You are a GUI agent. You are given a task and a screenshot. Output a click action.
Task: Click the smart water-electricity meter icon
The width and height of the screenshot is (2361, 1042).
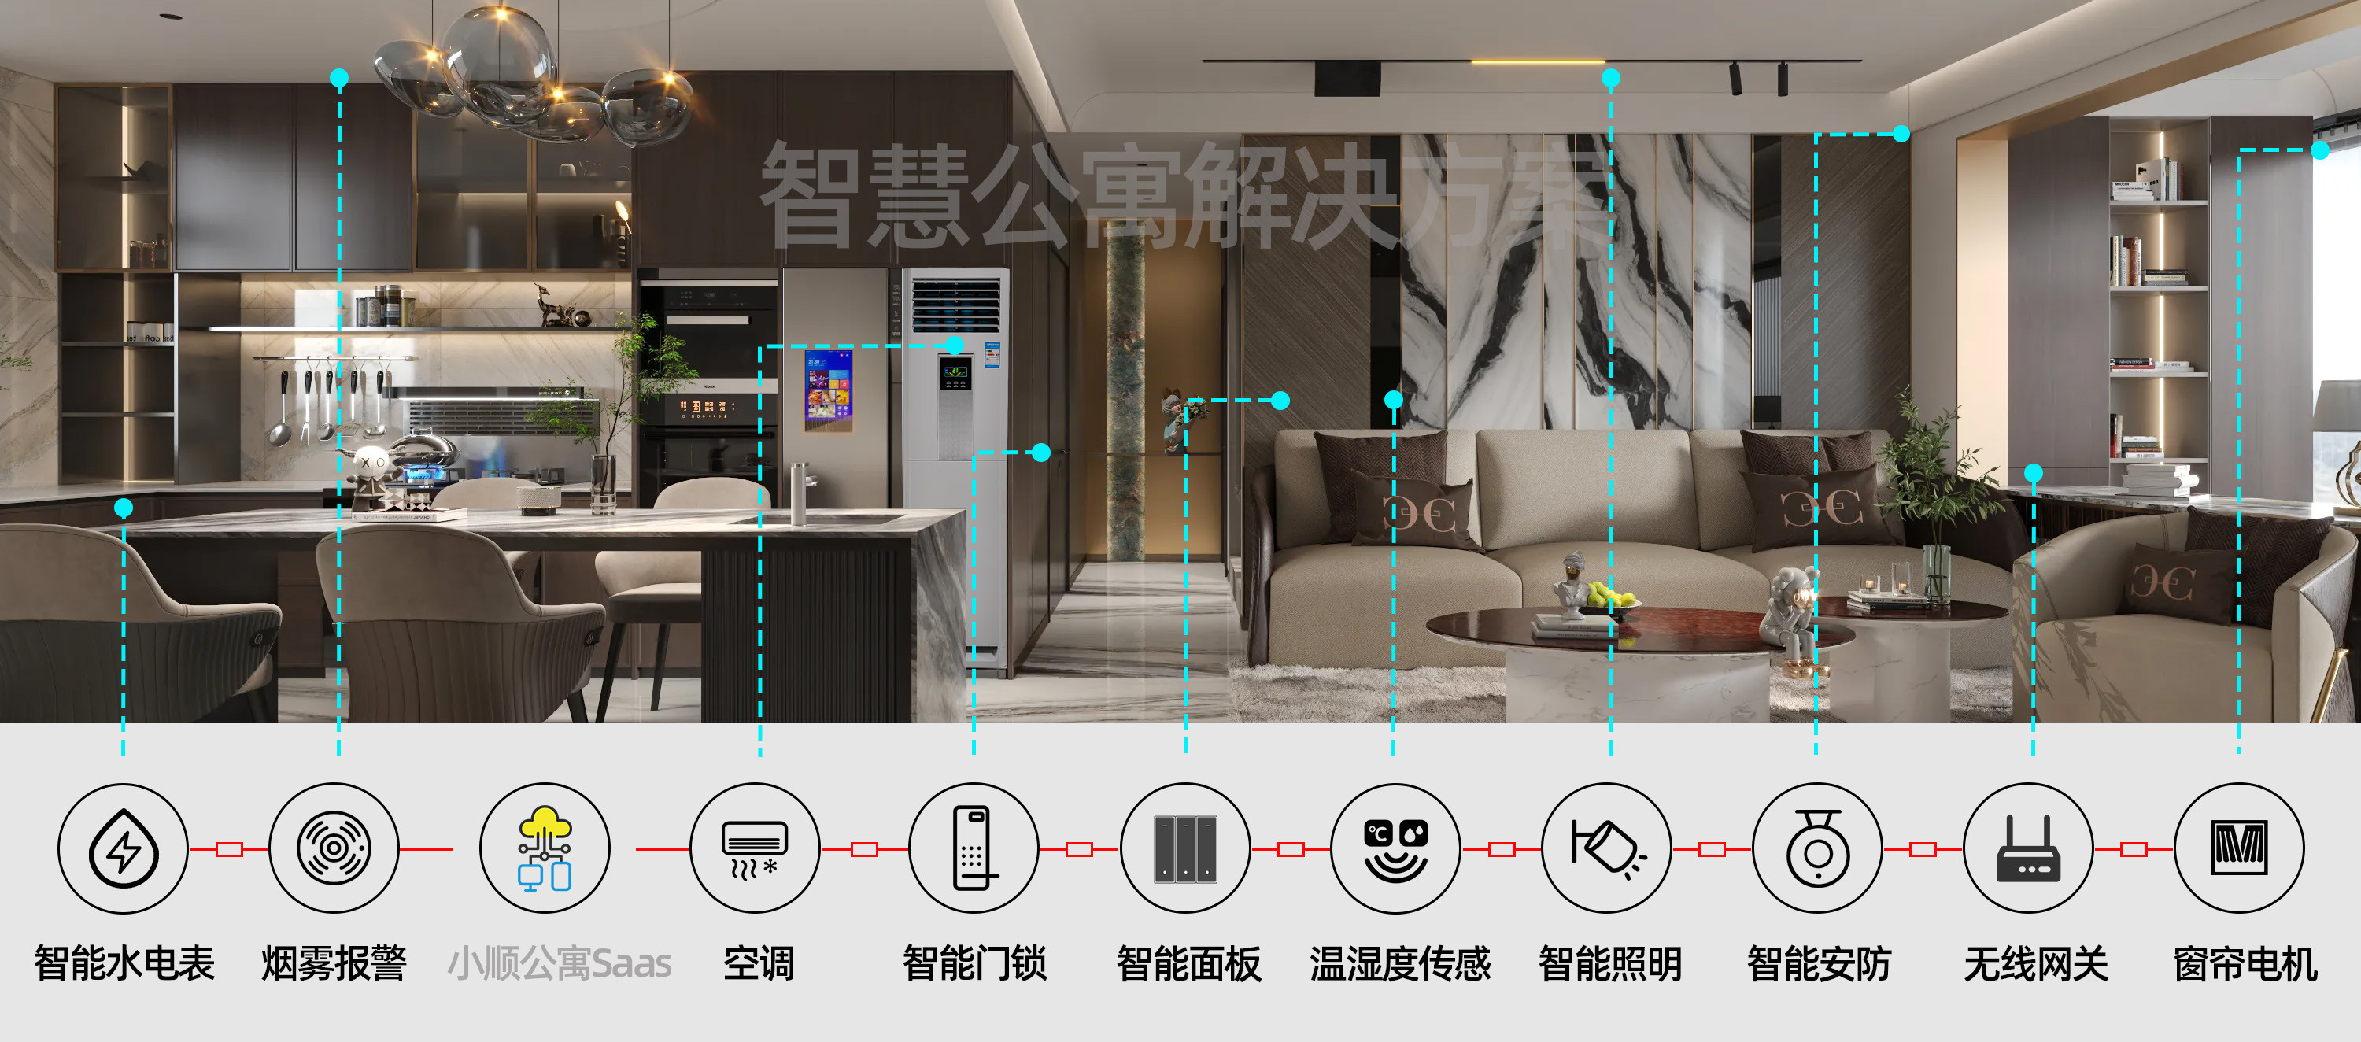point(123,848)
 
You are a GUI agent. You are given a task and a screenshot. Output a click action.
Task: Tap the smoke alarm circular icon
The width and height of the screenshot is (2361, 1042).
point(334,848)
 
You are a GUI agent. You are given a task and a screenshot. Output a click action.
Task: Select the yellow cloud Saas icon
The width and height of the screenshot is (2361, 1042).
point(545,848)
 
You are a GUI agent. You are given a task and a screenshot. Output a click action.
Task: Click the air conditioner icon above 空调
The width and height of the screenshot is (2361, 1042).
point(754,848)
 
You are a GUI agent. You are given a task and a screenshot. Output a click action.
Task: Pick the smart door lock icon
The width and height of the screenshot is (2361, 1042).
point(974,848)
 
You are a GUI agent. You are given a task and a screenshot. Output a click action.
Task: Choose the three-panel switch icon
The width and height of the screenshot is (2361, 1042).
point(1185,848)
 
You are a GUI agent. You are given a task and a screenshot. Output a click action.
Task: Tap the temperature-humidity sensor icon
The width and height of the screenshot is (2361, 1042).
point(1395,848)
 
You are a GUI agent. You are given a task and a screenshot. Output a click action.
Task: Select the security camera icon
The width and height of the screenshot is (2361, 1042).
point(1817,848)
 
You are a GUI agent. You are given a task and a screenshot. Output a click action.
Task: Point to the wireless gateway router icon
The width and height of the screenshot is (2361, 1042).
point(2028,848)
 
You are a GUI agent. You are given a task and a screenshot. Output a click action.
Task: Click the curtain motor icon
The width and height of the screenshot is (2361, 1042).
point(2239,848)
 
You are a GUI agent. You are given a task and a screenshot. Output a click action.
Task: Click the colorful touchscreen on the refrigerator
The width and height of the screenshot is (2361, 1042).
point(829,389)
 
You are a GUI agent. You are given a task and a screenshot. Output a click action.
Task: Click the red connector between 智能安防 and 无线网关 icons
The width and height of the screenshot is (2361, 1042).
point(1922,849)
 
